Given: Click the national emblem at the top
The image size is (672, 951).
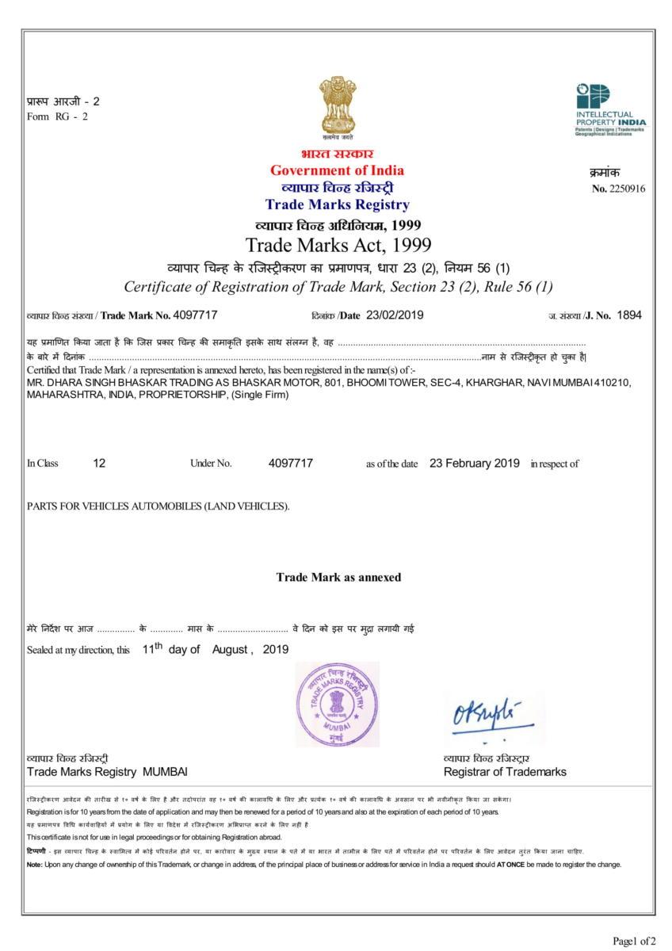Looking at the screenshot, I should (x=337, y=106).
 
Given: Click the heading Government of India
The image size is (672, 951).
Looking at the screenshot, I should (x=337, y=170).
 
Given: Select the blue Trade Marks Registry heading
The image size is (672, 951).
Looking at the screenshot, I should (x=337, y=205).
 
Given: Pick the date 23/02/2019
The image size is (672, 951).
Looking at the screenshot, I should (x=395, y=315).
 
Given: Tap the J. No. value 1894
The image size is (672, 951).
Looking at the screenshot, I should (x=629, y=315).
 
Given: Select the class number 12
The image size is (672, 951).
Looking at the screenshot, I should (x=99, y=464).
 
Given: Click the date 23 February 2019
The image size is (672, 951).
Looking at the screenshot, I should (x=475, y=463).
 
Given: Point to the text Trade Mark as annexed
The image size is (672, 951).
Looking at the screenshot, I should (x=338, y=577).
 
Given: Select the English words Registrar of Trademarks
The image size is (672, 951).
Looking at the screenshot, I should (x=505, y=772).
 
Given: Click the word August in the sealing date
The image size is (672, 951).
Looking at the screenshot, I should (x=231, y=650).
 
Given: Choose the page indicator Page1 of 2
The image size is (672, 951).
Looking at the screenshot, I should (x=634, y=941).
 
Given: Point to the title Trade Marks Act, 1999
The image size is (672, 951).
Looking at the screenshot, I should (x=338, y=243).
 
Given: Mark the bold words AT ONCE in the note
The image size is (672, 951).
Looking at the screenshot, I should (x=510, y=864).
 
